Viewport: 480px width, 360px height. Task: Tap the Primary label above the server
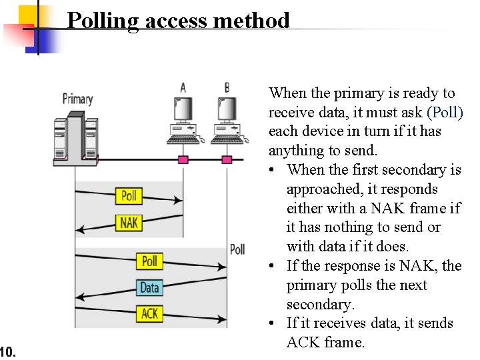pos(77,99)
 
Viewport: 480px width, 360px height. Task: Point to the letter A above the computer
pos(183,87)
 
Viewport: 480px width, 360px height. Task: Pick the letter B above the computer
pos(227,87)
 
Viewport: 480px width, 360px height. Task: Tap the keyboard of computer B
pos(227,139)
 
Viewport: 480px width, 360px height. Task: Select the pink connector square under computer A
pos(183,159)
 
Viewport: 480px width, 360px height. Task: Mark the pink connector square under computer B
pos(227,159)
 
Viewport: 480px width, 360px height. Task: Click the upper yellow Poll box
pos(129,195)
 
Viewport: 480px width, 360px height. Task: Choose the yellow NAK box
pos(129,222)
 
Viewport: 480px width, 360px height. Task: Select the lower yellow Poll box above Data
pos(150,261)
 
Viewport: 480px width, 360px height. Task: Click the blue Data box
pos(149,287)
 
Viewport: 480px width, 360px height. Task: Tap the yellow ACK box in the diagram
pos(150,313)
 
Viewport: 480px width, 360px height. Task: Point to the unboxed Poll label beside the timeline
pos(237,249)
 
